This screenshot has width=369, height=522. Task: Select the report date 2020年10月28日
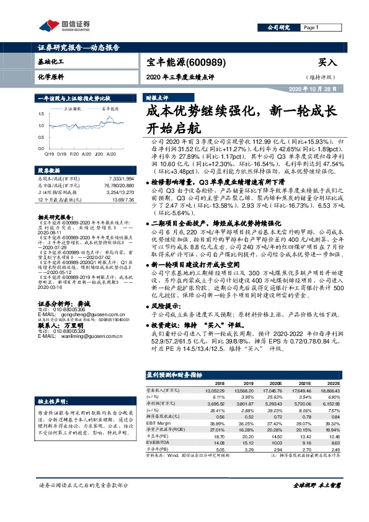coord(314,90)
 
